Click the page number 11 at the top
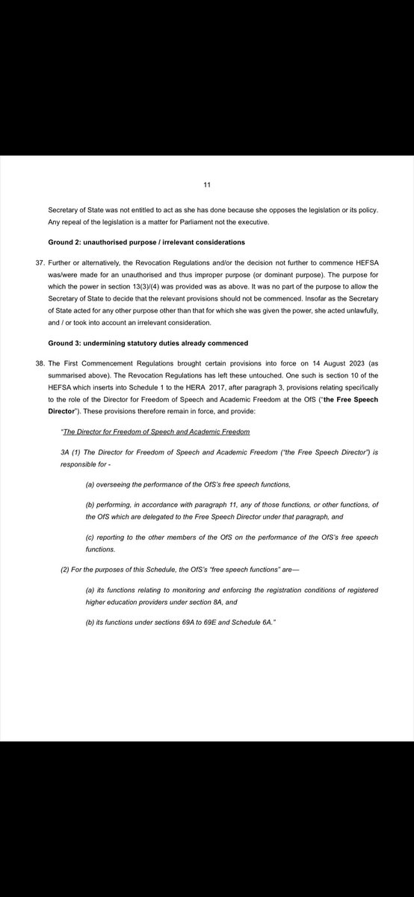click(x=207, y=182)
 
